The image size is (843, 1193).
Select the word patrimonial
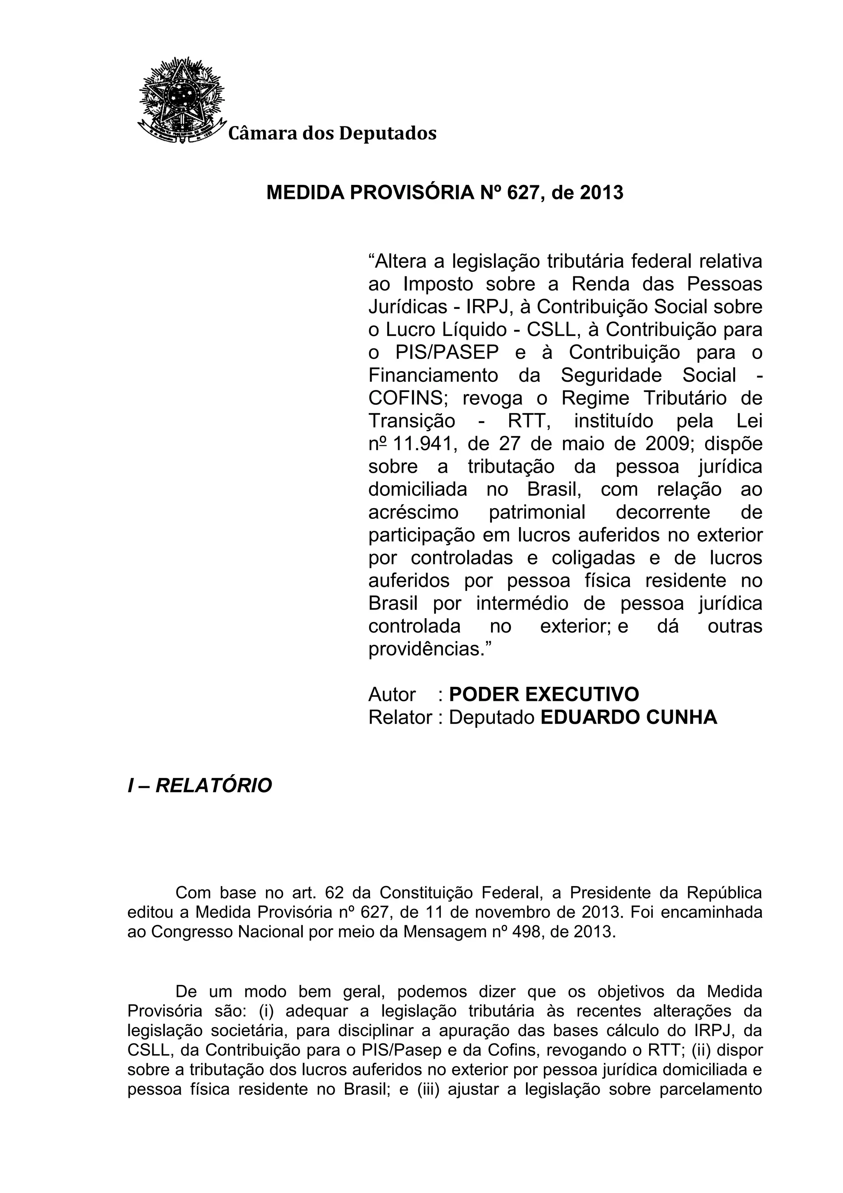537,512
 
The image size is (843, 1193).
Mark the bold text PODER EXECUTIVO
544,694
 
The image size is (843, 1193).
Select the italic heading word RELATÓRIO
214,786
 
